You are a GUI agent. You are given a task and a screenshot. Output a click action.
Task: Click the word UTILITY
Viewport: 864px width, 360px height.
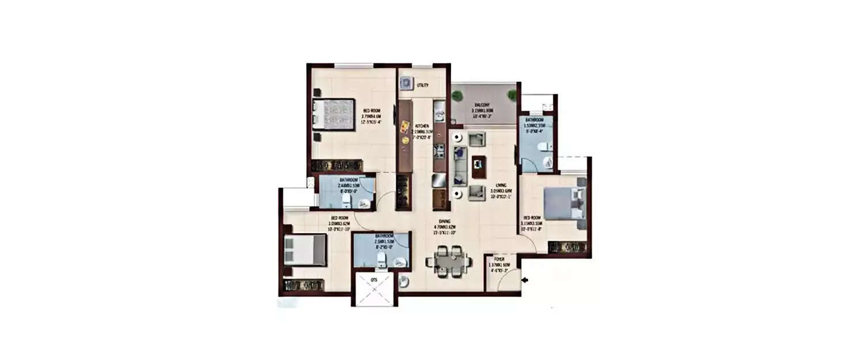click(423, 85)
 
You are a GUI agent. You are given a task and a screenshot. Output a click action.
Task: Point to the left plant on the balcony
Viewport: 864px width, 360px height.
click(457, 94)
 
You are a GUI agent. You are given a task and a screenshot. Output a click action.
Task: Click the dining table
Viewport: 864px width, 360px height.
click(448, 261)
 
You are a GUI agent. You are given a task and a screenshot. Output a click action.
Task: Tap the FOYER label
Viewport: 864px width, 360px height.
click(499, 260)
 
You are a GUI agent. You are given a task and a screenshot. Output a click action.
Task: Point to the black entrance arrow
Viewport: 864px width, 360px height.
click(525, 281)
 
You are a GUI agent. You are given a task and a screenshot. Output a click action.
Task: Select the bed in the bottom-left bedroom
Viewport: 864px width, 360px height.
click(305, 249)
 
